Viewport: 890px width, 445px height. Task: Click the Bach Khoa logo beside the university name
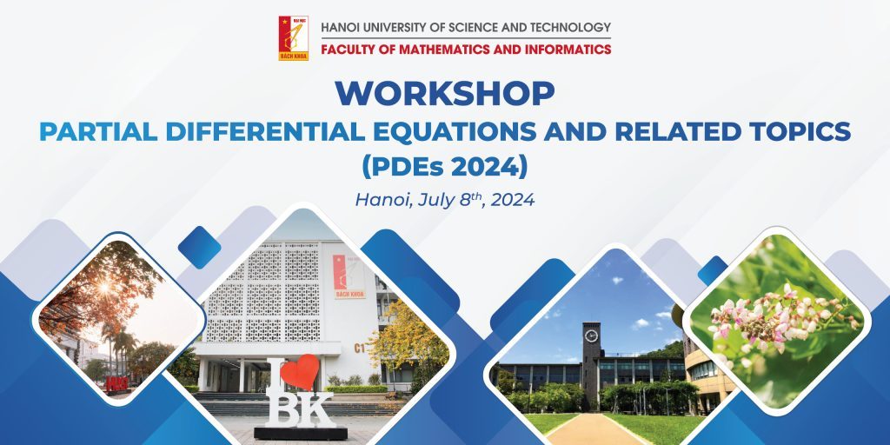tap(294, 38)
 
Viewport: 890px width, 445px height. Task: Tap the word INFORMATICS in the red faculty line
tap(568, 50)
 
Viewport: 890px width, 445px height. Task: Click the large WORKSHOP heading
tap(445, 94)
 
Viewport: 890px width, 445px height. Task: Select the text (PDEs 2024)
tap(445, 167)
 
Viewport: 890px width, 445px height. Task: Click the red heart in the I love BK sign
tap(300, 372)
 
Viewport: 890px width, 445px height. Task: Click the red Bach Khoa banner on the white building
tap(349, 276)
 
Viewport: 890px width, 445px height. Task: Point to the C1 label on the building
tap(359, 348)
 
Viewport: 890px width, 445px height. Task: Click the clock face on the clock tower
tap(591, 335)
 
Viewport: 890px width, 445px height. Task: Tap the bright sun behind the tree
tap(105, 288)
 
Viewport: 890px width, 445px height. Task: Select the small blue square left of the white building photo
tap(199, 248)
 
